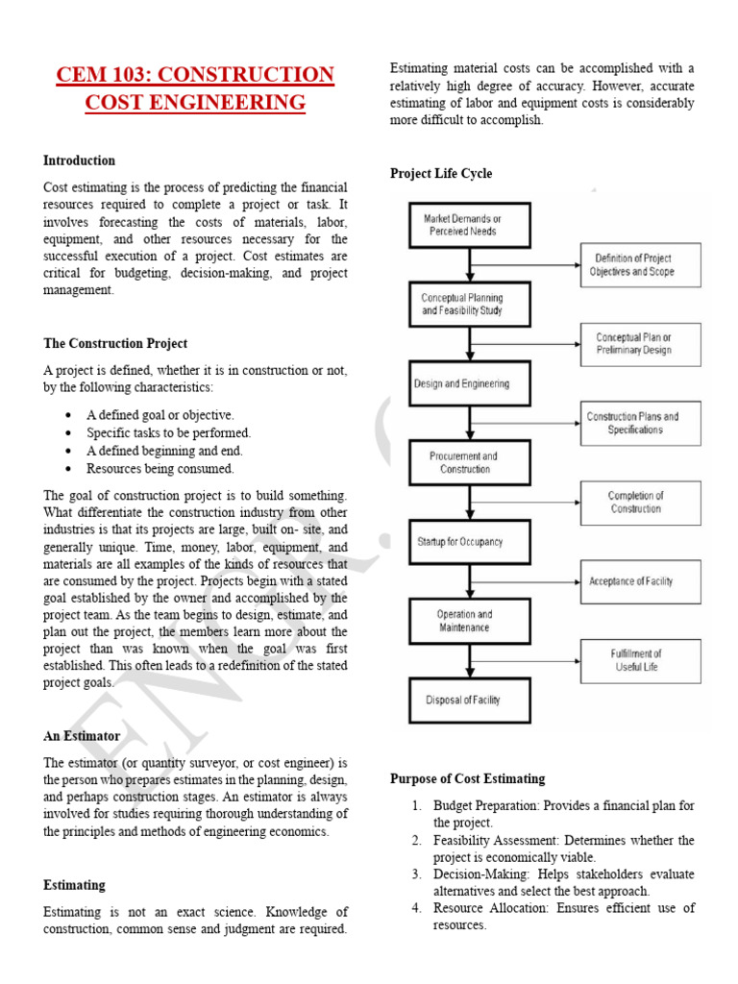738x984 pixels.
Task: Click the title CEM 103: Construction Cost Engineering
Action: pyautogui.click(x=195, y=88)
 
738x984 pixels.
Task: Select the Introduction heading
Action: pyautogui.click(x=79, y=160)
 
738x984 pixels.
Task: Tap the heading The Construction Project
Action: pyautogui.click(x=115, y=343)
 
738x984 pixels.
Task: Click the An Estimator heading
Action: pyautogui.click(x=82, y=735)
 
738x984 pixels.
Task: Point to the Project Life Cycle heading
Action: pyautogui.click(x=441, y=173)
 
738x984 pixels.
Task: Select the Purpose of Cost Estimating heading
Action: pyautogui.click(x=467, y=778)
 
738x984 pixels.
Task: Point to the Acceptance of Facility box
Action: pyautogui.click(x=640, y=581)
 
